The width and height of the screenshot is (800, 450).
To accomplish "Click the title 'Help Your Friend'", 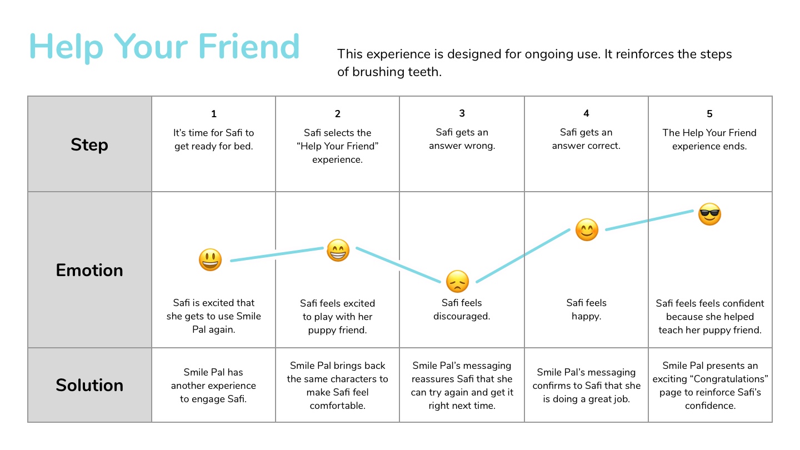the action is coord(164,47).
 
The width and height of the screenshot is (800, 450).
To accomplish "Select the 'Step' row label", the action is coord(89,145).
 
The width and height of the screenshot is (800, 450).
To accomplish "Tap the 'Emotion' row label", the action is coord(89,270).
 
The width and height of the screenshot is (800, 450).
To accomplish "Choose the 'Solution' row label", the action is coord(89,385).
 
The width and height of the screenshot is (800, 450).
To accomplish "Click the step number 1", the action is coord(213,114).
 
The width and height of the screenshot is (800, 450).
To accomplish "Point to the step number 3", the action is coord(462,113).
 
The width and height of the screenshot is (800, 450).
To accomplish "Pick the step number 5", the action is coord(709,114).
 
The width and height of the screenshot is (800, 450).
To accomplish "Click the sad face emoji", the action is coord(458,282).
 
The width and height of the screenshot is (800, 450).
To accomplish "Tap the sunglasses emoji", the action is coord(709,214).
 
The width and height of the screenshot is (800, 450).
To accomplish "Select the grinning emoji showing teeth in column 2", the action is coord(338,250).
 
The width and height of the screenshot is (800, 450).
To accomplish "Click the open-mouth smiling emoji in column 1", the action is coord(211,259).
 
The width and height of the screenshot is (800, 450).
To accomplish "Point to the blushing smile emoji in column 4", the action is coord(587,229).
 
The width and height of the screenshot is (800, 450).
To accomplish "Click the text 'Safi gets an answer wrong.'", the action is coord(462,139).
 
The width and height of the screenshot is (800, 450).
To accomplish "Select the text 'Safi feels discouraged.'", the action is coord(462,309).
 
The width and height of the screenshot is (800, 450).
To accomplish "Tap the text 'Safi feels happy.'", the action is coord(587,309).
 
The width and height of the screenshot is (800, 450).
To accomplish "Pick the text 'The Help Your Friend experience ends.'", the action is coord(709,139).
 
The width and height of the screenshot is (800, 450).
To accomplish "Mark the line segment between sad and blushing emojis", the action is coord(523,256).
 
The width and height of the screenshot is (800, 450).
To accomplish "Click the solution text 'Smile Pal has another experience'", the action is coord(213,379).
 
